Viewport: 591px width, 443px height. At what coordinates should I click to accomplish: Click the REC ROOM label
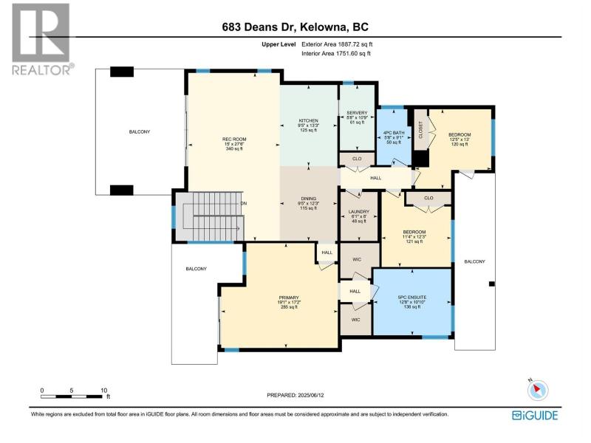coord(234,139)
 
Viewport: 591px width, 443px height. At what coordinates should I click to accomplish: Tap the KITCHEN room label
coord(309,120)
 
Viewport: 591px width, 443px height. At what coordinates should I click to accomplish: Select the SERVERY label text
coord(357,113)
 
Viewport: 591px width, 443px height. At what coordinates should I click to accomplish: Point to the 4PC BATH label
coord(394,133)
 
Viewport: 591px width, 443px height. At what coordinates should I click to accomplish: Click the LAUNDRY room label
coord(359,212)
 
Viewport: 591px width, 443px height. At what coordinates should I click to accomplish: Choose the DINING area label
coord(308,199)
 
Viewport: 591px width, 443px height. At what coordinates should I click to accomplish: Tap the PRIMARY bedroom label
coord(289,298)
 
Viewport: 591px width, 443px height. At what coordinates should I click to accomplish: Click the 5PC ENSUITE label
coord(412,298)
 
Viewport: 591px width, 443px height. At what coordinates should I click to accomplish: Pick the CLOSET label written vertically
coord(420,130)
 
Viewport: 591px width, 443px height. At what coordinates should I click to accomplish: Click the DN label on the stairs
coord(244,204)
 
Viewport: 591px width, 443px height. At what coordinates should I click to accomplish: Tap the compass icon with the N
coord(538,390)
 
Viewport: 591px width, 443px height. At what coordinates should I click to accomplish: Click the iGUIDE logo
coord(535,415)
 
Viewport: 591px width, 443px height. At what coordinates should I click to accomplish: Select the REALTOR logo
coord(41,39)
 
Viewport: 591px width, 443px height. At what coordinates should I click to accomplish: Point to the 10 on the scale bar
coord(103,391)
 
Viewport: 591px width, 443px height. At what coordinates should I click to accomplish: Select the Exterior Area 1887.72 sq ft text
coord(337,44)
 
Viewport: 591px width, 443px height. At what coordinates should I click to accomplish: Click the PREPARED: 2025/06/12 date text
coord(295,395)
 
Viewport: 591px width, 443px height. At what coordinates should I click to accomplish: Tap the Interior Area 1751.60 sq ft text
coord(336,53)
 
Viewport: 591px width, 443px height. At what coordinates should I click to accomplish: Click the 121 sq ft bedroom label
coord(414,241)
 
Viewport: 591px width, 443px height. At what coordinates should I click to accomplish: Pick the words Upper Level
coord(279,44)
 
